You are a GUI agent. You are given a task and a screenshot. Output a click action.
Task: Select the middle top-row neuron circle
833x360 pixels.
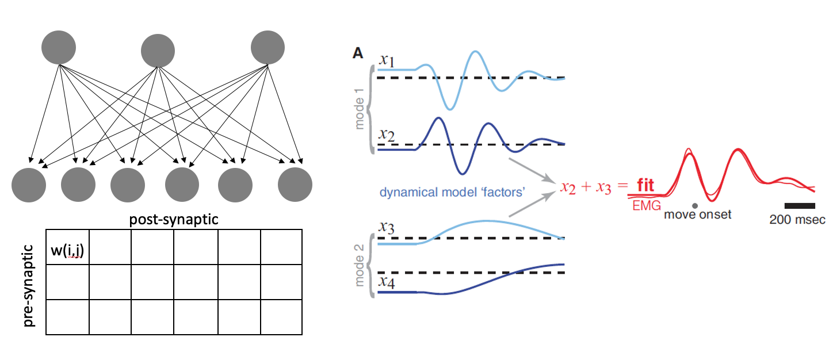(158, 51)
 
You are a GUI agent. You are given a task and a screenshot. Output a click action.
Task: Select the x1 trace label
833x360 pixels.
(387, 60)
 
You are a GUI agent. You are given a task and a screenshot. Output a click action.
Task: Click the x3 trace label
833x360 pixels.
(387, 226)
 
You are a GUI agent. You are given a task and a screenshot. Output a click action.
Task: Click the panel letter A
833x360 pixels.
(358, 53)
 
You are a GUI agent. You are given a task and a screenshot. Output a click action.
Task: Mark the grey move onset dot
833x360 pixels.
(696, 205)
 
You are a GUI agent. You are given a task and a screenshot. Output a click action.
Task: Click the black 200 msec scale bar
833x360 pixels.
(800, 205)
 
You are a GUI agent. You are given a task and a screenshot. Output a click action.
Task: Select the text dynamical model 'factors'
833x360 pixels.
(452, 192)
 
